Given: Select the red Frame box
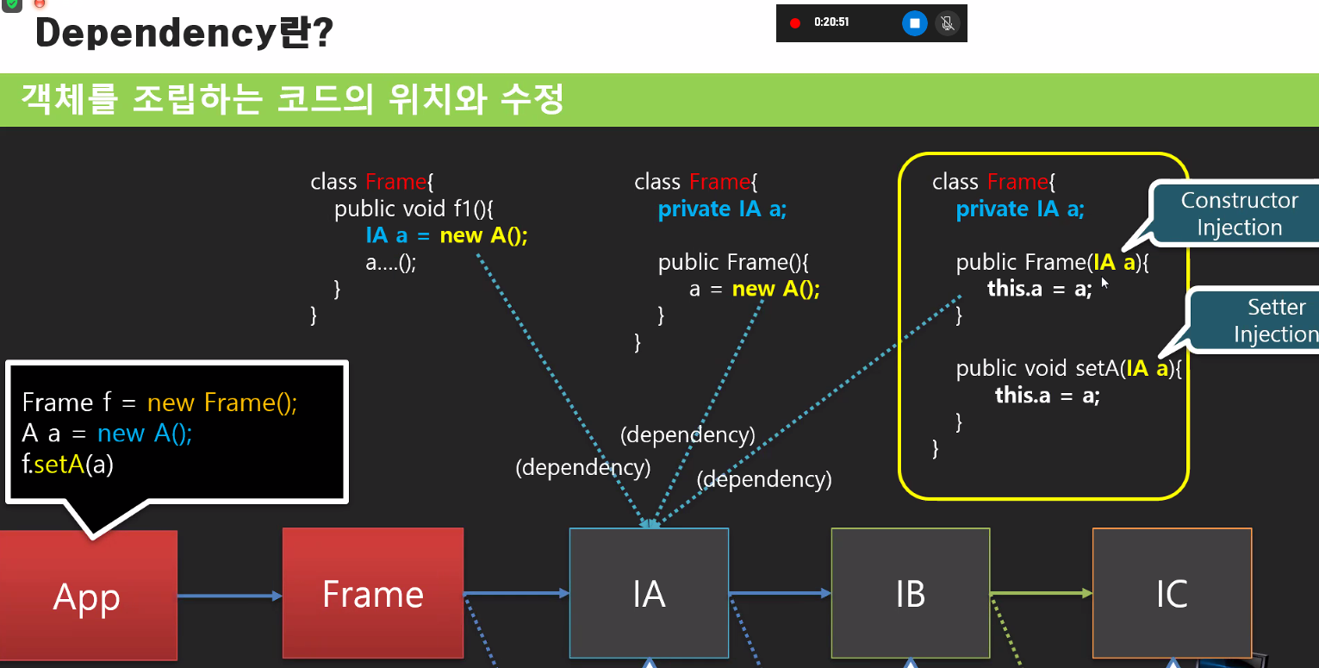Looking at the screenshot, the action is (373, 594).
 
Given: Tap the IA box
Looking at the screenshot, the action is (649, 594).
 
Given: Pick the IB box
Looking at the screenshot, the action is (910, 594).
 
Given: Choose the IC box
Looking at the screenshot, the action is (1172, 594).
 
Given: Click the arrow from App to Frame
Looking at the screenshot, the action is (229, 596).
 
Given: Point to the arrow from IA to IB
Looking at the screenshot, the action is (779, 593).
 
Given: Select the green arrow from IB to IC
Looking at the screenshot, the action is (1041, 593).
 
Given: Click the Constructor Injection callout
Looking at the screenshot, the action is (1239, 214).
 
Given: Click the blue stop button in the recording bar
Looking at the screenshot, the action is (915, 23).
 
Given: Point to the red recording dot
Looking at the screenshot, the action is (795, 23).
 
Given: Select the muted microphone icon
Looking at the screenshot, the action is (947, 23).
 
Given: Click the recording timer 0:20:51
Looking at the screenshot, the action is (831, 22).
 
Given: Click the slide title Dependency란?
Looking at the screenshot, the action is (184, 33).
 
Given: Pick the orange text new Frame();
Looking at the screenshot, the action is (222, 403).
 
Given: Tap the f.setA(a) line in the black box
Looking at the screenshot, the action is (68, 465).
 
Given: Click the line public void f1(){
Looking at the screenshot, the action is (414, 209).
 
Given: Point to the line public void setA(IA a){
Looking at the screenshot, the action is (1069, 369).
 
